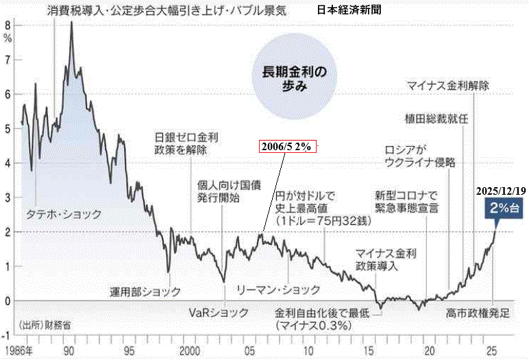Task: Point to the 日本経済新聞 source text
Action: pos(350,12)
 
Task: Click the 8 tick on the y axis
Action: pos(8,25)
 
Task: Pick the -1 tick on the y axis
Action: pos(6,335)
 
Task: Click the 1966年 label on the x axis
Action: pos(18,351)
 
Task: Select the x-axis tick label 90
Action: pos(69,351)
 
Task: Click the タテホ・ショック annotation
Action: pos(63,214)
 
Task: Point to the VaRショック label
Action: pos(219,312)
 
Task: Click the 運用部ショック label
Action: pos(145,291)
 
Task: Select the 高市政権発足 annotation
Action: pos(478,313)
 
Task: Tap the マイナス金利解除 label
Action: pos(448,86)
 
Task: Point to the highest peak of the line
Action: pos(71,23)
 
